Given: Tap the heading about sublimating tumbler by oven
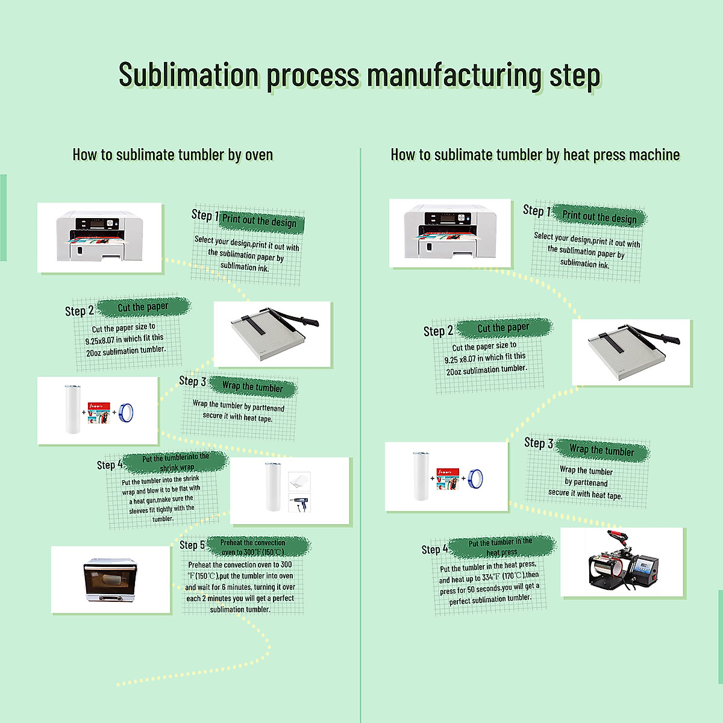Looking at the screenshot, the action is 172,155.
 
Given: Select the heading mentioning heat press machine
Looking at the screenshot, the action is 535,155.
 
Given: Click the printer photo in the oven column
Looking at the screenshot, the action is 99,237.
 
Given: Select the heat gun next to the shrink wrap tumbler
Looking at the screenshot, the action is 300,503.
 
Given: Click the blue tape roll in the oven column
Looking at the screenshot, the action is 126,412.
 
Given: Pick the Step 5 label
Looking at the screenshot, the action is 192,545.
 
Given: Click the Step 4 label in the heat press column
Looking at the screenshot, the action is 434,549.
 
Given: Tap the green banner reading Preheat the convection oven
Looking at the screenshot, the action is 258,546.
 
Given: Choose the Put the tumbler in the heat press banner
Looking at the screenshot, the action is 502,546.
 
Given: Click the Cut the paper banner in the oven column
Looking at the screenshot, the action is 144,307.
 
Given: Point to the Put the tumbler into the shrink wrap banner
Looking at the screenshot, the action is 175,462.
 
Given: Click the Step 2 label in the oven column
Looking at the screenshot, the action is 79,311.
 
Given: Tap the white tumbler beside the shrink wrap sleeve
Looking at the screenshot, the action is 273,487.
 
